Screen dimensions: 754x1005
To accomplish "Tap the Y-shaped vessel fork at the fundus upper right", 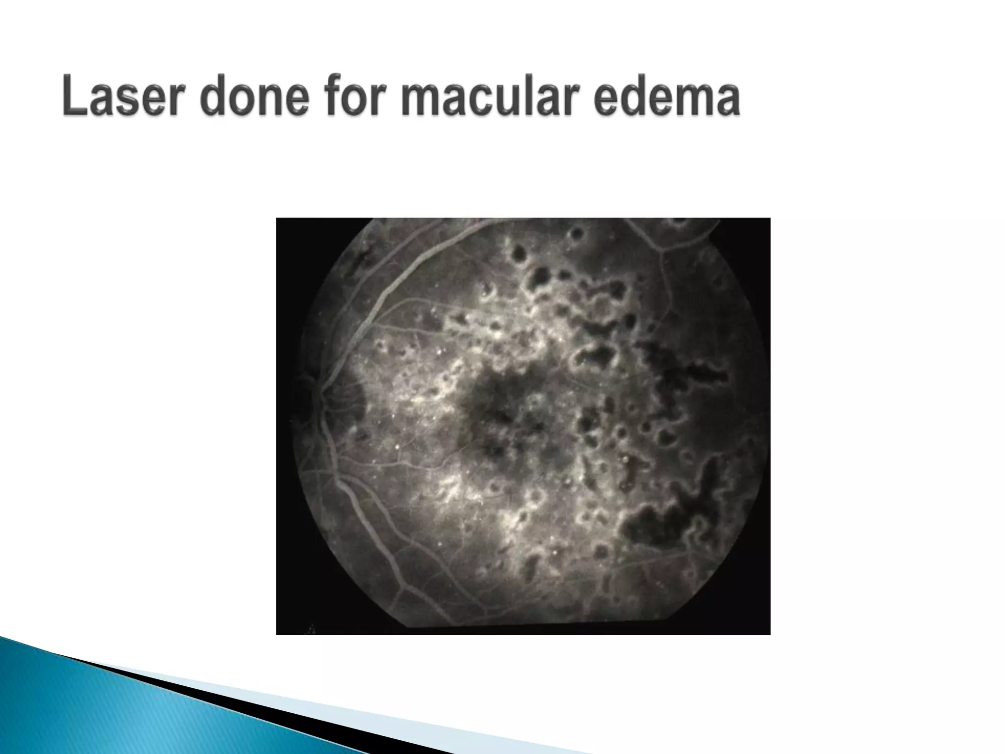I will tap(663, 251).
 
